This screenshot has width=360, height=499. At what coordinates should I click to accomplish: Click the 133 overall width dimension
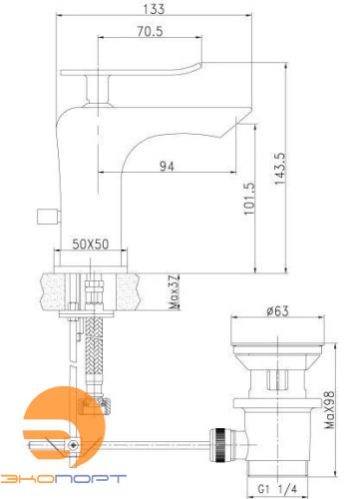(x=154, y=9)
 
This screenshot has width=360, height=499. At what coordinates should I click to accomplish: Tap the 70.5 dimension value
(x=151, y=31)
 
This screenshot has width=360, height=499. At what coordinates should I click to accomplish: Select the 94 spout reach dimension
(x=167, y=166)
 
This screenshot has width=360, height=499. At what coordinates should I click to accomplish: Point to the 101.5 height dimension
(x=249, y=199)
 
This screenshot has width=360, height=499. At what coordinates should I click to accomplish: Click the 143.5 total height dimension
(x=280, y=169)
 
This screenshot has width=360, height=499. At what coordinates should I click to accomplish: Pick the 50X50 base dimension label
(x=91, y=245)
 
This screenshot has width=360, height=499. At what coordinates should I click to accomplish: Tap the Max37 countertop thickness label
(x=174, y=292)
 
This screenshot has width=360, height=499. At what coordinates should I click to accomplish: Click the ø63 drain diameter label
(x=277, y=311)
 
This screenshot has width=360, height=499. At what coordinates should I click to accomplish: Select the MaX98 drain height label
(x=330, y=410)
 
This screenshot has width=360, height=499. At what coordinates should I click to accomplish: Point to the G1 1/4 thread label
(x=277, y=489)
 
